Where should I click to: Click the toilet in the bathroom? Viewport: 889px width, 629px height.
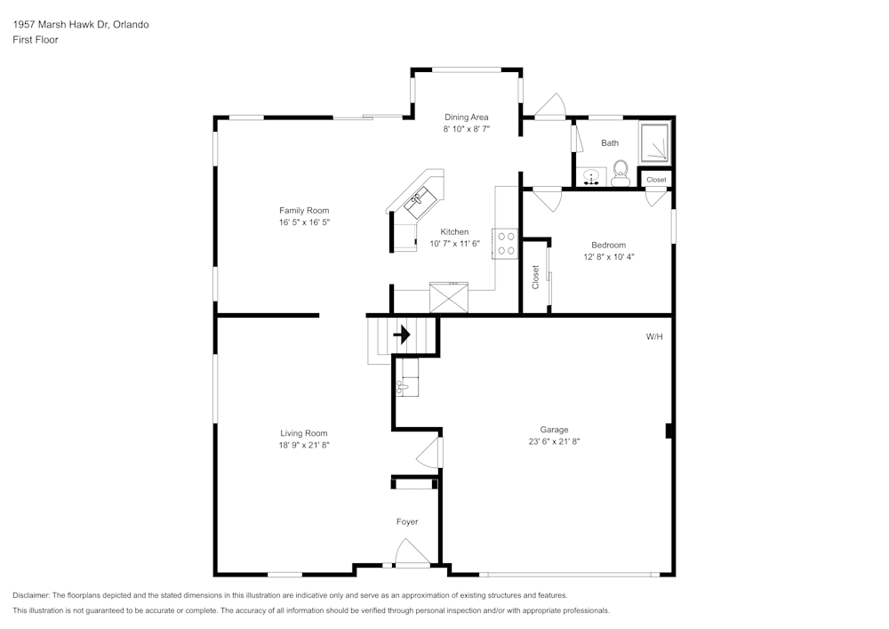click(621, 171)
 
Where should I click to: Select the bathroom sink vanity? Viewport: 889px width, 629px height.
click(590, 176)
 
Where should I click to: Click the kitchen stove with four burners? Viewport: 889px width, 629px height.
click(506, 244)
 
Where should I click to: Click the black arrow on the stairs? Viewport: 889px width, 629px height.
click(402, 335)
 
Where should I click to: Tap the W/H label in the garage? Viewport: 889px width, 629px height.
click(654, 337)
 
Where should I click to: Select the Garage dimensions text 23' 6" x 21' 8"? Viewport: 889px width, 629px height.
click(554, 441)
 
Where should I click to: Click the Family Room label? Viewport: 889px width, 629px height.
click(304, 211)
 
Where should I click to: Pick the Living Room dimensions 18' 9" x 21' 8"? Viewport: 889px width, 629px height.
click(304, 445)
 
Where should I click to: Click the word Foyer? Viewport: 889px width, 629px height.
click(407, 522)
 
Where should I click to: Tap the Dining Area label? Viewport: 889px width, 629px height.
click(467, 117)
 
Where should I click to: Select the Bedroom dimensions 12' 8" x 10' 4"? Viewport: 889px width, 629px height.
click(608, 256)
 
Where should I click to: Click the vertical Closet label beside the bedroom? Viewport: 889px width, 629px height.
click(535, 277)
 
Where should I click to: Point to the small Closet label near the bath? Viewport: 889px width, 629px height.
click(656, 180)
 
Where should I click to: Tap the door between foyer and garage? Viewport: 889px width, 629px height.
click(429, 452)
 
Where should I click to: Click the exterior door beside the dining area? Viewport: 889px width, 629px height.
click(549, 106)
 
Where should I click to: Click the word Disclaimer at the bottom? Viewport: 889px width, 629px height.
click(32, 595)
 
